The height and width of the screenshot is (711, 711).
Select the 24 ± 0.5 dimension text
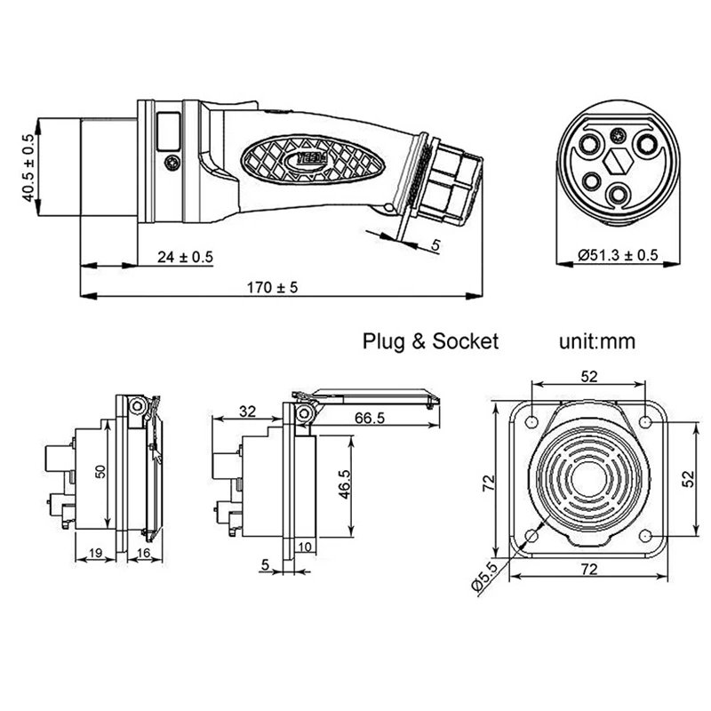coord(186,258)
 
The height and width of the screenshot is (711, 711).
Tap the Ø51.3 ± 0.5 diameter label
coord(618,255)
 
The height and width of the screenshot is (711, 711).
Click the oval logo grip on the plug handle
coord(315,161)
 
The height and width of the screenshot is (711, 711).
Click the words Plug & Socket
coord(431,341)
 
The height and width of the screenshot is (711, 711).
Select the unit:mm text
coord(597,341)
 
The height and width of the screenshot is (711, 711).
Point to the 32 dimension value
coord(247,411)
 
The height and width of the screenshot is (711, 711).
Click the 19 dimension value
coord(96,554)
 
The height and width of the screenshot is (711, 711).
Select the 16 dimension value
coord(144,554)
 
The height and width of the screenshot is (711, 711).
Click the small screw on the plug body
coord(173,162)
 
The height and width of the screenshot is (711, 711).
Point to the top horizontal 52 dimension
coord(587,376)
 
